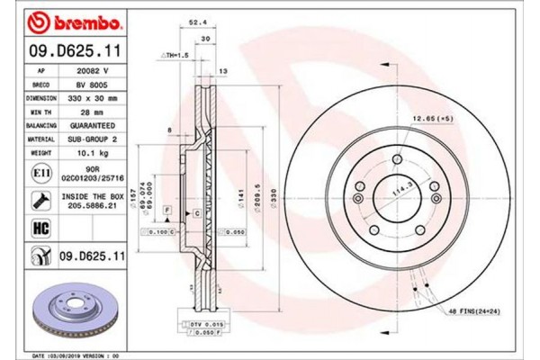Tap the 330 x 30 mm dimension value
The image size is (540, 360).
pyautogui.click(x=96, y=96)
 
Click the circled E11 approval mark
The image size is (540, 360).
pyautogui.click(x=41, y=171)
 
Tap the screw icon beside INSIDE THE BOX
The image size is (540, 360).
pyautogui.click(x=41, y=199)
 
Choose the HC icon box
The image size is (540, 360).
pyautogui.click(x=41, y=228)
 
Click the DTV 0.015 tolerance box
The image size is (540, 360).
pyautogui.click(x=190, y=323)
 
